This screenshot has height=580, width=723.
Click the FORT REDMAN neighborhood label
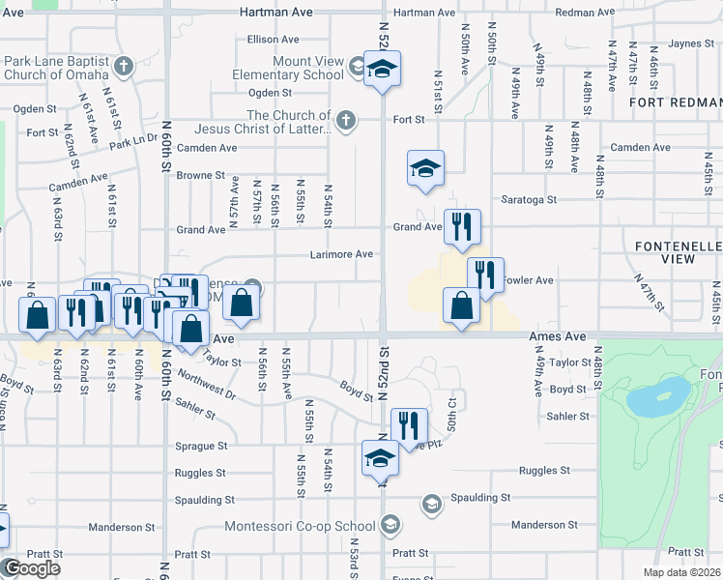675,101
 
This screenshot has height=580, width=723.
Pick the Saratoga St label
531,200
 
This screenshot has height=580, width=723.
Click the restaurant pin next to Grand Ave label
462,227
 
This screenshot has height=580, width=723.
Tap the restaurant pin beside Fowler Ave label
485,275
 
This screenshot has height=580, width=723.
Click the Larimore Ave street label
341,254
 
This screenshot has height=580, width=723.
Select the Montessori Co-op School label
300,526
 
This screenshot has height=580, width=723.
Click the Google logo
31,568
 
